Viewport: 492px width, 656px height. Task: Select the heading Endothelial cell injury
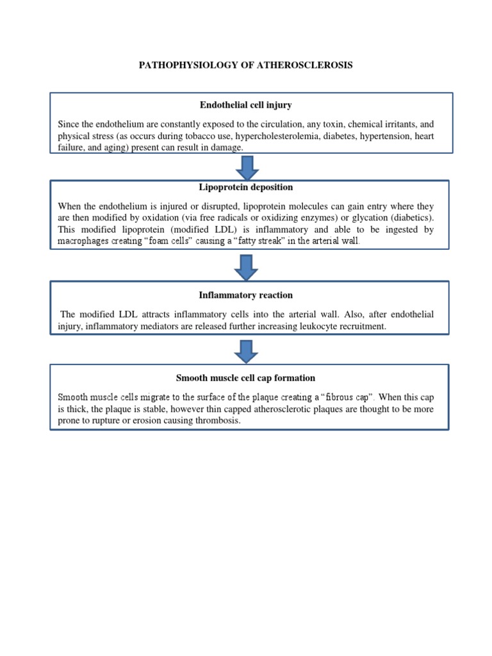(x=246, y=105)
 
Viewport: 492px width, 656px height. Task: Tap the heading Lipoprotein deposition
(x=246, y=187)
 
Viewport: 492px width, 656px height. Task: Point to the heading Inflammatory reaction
(x=246, y=295)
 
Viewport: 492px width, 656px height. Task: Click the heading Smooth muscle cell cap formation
(x=246, y=378)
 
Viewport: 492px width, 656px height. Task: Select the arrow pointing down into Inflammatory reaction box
(x=247, y=266)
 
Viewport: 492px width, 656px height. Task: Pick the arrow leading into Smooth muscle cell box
(x=247, y=351)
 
